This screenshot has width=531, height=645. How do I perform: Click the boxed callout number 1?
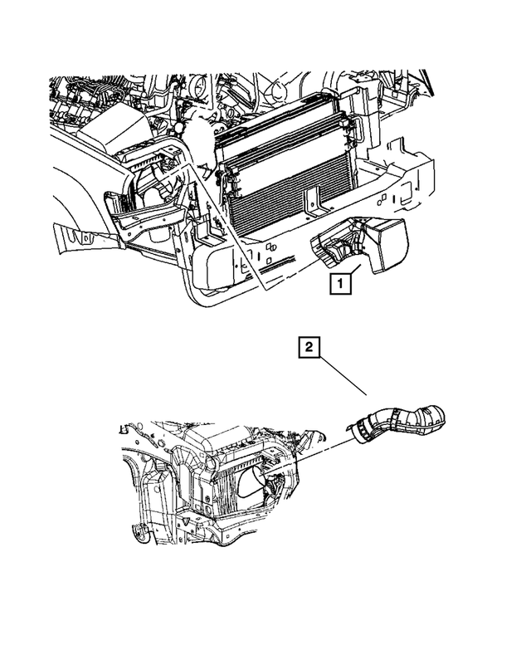tap(341, 284)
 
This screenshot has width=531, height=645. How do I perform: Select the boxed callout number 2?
tap(308, 349)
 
